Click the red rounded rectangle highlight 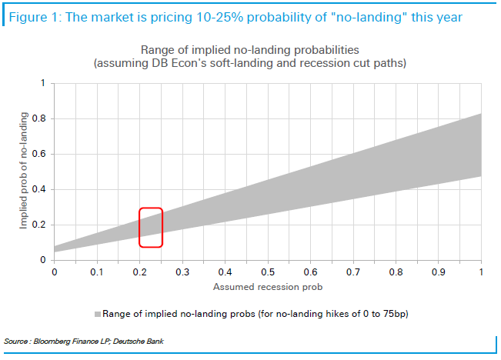point(151,228)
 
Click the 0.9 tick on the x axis point(438,272)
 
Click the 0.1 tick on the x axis point(96,272)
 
